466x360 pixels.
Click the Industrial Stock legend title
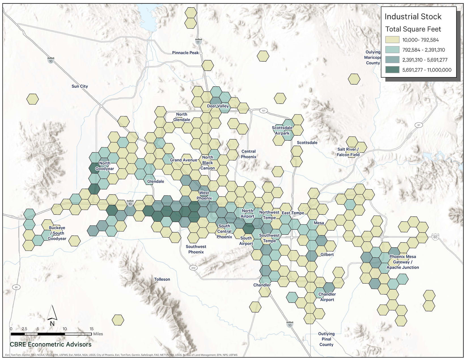[413, 17]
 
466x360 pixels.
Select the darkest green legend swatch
[392, 70]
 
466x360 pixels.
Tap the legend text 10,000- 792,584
[420, 40]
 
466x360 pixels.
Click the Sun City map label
[80, 86]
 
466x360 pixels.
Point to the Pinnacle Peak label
[185, 53]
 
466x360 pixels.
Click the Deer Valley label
[218, 106]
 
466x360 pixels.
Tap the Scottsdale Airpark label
[282, 130]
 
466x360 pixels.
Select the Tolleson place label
[162, 279]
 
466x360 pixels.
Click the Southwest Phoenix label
[196, 249]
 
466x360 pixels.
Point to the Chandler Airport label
[327, 297]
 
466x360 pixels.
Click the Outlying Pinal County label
[326, 339]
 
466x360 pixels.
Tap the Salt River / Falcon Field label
[348, 152]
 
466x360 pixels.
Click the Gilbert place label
[327, 255]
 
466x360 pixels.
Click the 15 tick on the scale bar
[92, 329]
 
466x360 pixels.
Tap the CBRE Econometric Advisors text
[51, 344]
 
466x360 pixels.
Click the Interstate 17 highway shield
[198, 42]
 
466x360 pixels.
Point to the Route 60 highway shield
[435, 237]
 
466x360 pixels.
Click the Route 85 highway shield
[16, 287]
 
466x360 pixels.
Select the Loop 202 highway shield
[193, 268]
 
